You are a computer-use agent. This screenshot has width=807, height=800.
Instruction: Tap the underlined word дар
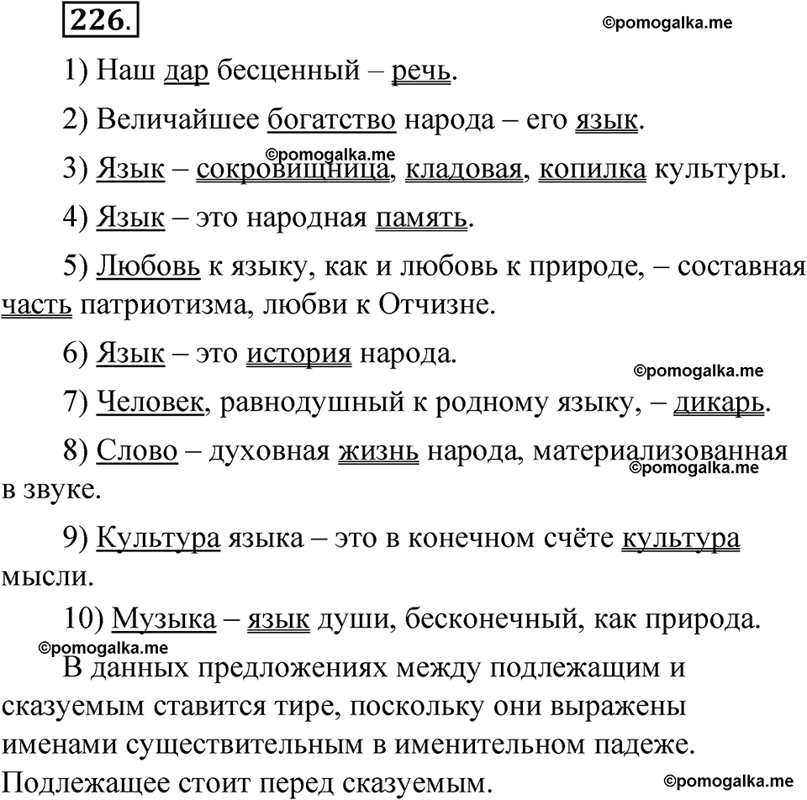pos(187,72)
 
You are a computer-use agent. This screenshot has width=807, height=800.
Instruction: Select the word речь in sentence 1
pos(421,72)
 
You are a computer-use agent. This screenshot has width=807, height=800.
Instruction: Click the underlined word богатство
pos(331,121)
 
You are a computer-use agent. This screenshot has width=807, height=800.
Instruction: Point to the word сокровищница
pos(293,170)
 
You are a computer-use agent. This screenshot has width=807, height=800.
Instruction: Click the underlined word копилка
pos(592,170)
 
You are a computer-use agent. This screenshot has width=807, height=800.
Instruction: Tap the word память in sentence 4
pos(420,218)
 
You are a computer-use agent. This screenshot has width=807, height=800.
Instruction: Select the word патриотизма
pos(157,304)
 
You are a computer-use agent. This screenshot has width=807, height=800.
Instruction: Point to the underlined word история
pos(298,354)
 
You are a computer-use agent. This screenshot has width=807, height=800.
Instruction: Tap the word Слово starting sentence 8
pos(138,452)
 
